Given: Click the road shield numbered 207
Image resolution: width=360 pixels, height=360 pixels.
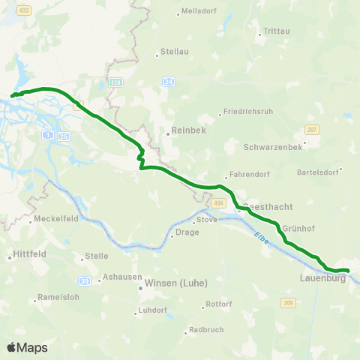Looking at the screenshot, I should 312,130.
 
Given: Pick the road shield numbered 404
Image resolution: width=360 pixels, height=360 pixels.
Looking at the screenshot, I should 218,203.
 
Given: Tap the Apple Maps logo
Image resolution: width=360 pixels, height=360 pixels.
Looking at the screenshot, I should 27,347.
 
